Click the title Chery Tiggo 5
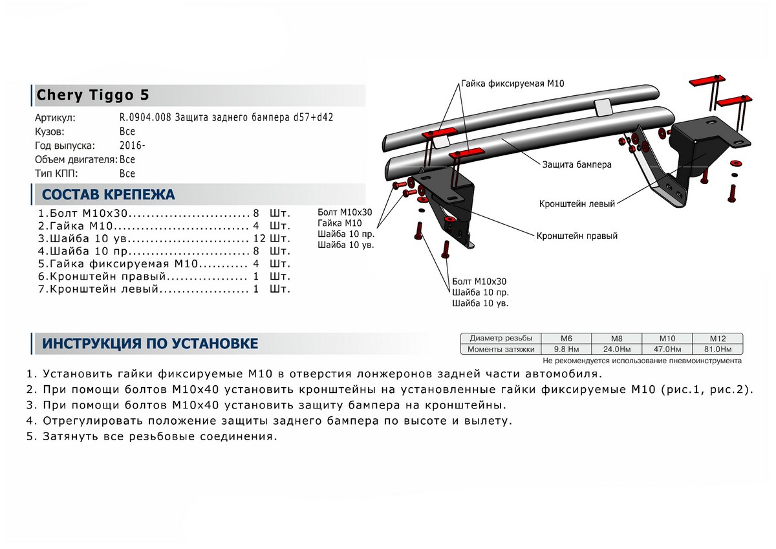92,95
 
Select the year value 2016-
131,145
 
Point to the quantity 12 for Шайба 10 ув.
258,238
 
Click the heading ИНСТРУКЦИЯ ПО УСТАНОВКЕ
150,344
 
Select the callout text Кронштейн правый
576,236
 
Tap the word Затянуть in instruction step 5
70,436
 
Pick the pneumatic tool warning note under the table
641,361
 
